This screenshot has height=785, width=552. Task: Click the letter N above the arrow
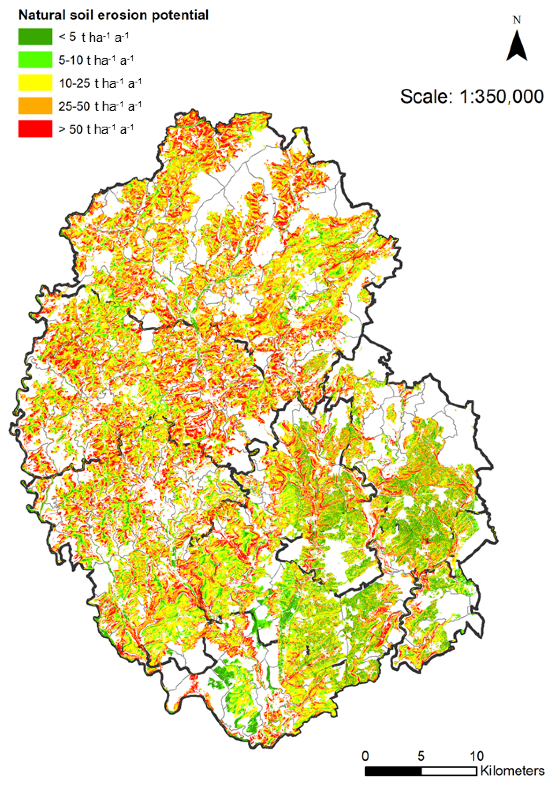pos(517,20)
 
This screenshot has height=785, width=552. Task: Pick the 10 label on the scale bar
pos(476,756)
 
